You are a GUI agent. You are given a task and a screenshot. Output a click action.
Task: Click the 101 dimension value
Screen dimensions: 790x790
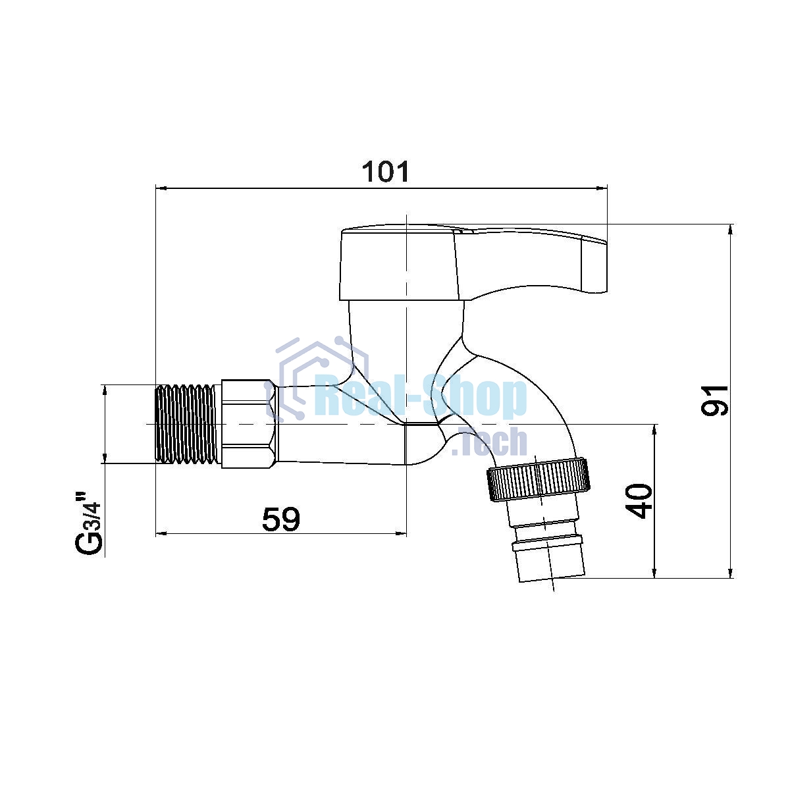(385, 172)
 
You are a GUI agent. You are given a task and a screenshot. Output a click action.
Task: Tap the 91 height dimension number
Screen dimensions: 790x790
(714, 400)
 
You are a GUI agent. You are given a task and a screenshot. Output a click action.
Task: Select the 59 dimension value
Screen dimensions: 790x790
(281, 519)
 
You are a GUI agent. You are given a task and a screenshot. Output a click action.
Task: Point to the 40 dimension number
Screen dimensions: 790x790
(639, 501)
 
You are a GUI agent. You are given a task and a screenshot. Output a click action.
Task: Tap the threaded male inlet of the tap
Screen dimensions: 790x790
(186, 424)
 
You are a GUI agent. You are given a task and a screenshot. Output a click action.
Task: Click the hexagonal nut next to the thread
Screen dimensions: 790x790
(250, 424)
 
